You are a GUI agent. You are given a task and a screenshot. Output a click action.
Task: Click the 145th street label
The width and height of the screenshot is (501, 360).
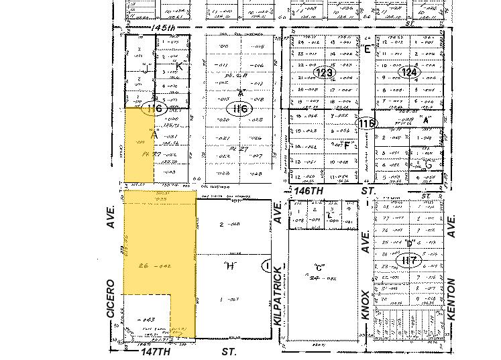point(163,27)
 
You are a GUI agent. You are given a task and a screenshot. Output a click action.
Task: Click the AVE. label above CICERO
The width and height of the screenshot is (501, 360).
point(112,217)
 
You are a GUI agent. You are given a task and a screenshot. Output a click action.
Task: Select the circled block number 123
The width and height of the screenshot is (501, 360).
point(325,72)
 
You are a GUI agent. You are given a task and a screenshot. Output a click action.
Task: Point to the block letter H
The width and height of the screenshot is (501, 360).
point(231,266)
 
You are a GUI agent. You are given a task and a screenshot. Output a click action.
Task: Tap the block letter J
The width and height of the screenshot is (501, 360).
point(144,68)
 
